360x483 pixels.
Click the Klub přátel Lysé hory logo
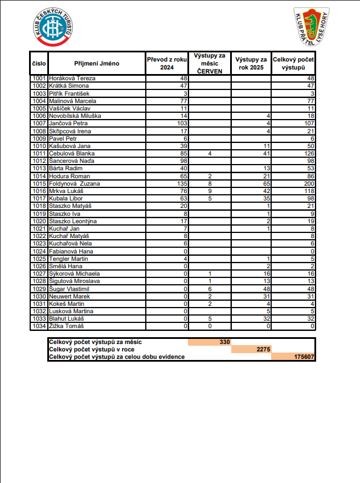311,27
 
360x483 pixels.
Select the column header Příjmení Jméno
96,63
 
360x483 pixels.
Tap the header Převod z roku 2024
166,63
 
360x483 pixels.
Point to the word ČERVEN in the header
209,71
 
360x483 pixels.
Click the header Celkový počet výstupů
293,63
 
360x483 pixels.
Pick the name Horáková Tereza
72,78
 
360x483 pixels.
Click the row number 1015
39,184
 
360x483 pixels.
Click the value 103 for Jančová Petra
182,123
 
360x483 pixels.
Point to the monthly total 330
224,342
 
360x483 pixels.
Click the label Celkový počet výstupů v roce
92,349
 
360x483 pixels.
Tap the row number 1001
39,78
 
